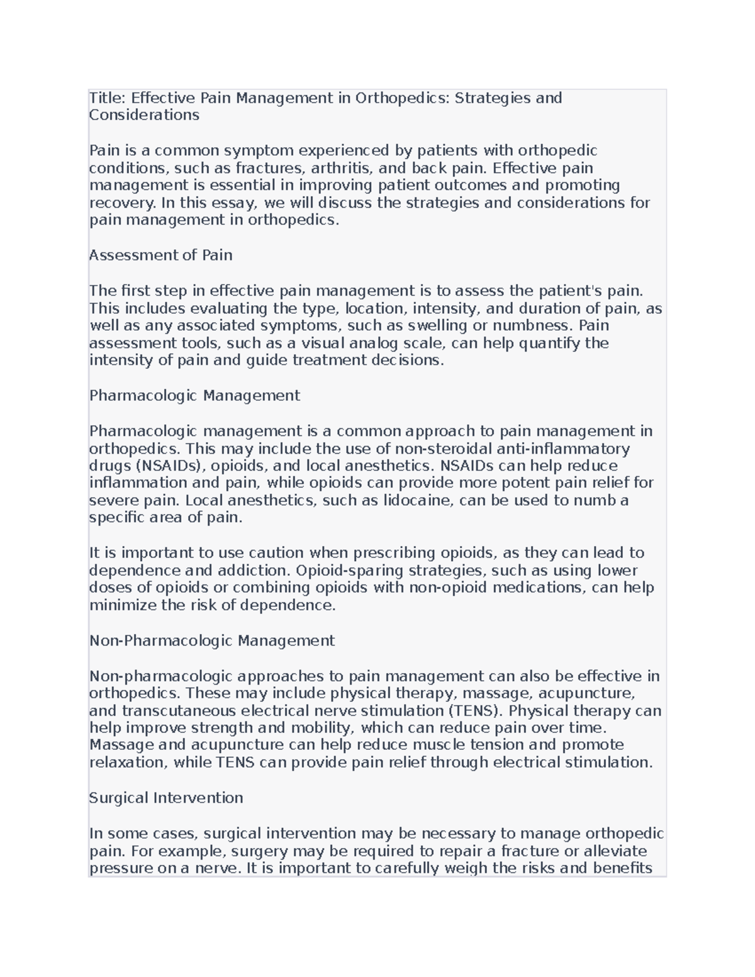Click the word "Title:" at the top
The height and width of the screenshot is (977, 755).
[108, 98]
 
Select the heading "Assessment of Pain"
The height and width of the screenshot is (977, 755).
[161, 255]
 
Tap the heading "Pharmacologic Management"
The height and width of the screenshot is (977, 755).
[194, 396]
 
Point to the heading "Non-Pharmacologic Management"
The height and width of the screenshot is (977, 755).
[212, 641]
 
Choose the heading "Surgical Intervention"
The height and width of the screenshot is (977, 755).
[166, 798]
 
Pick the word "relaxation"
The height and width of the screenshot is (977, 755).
[126, 762]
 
